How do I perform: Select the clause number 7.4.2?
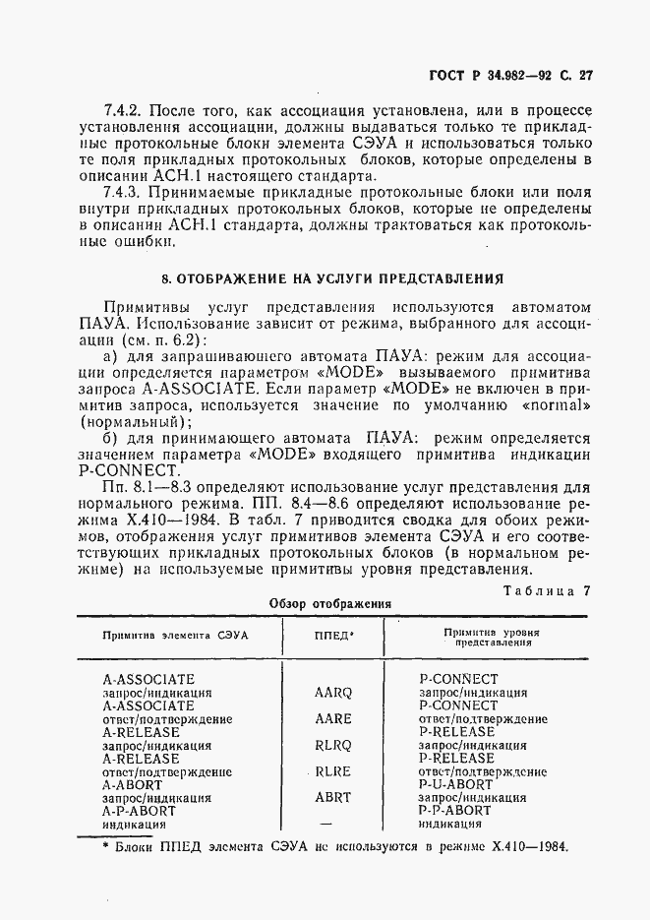(124, 111)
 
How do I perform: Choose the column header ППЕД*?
(333, 636)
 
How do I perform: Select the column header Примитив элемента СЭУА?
(176, 636)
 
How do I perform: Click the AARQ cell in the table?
(333, 693)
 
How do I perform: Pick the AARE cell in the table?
(333, 719)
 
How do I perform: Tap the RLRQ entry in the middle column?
(333, 746)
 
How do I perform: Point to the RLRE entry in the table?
(333, 772)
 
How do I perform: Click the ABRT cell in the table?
(333, 798)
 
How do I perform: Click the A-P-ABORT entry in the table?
(139, 812)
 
